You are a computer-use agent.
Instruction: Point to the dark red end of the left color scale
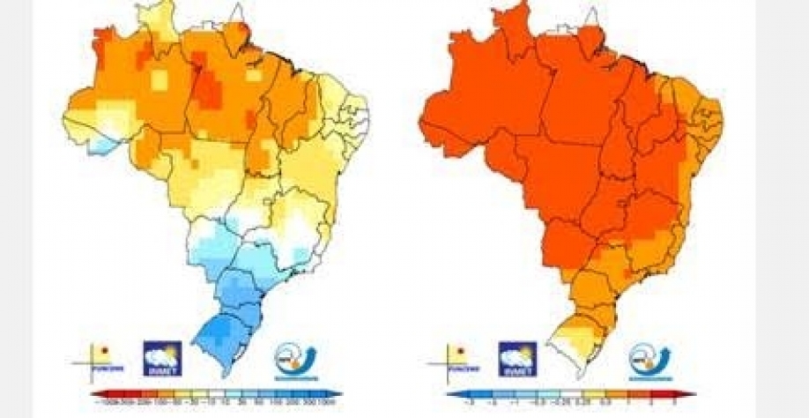[93, 395]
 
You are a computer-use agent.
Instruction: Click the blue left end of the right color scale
[450, 395]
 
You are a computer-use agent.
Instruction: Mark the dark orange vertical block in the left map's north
[210, 88]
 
